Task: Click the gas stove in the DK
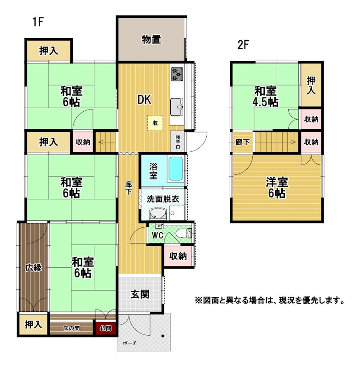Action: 177,74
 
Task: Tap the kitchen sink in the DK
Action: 177,107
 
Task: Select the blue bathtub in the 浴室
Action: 176,168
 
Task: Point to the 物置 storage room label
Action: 151,39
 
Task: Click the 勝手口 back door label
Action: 178,142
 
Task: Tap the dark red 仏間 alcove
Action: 106,328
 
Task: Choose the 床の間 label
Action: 71,328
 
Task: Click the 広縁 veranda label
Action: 34,268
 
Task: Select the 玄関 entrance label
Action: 140,294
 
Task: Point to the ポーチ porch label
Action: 130,343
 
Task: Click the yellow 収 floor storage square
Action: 155,123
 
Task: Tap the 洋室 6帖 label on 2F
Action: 277,188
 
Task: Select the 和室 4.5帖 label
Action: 265,96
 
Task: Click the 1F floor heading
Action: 38,22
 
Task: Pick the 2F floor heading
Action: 243,45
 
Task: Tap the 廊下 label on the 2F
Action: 243,142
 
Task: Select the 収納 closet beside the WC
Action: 178,256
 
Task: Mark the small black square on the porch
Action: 163,336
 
